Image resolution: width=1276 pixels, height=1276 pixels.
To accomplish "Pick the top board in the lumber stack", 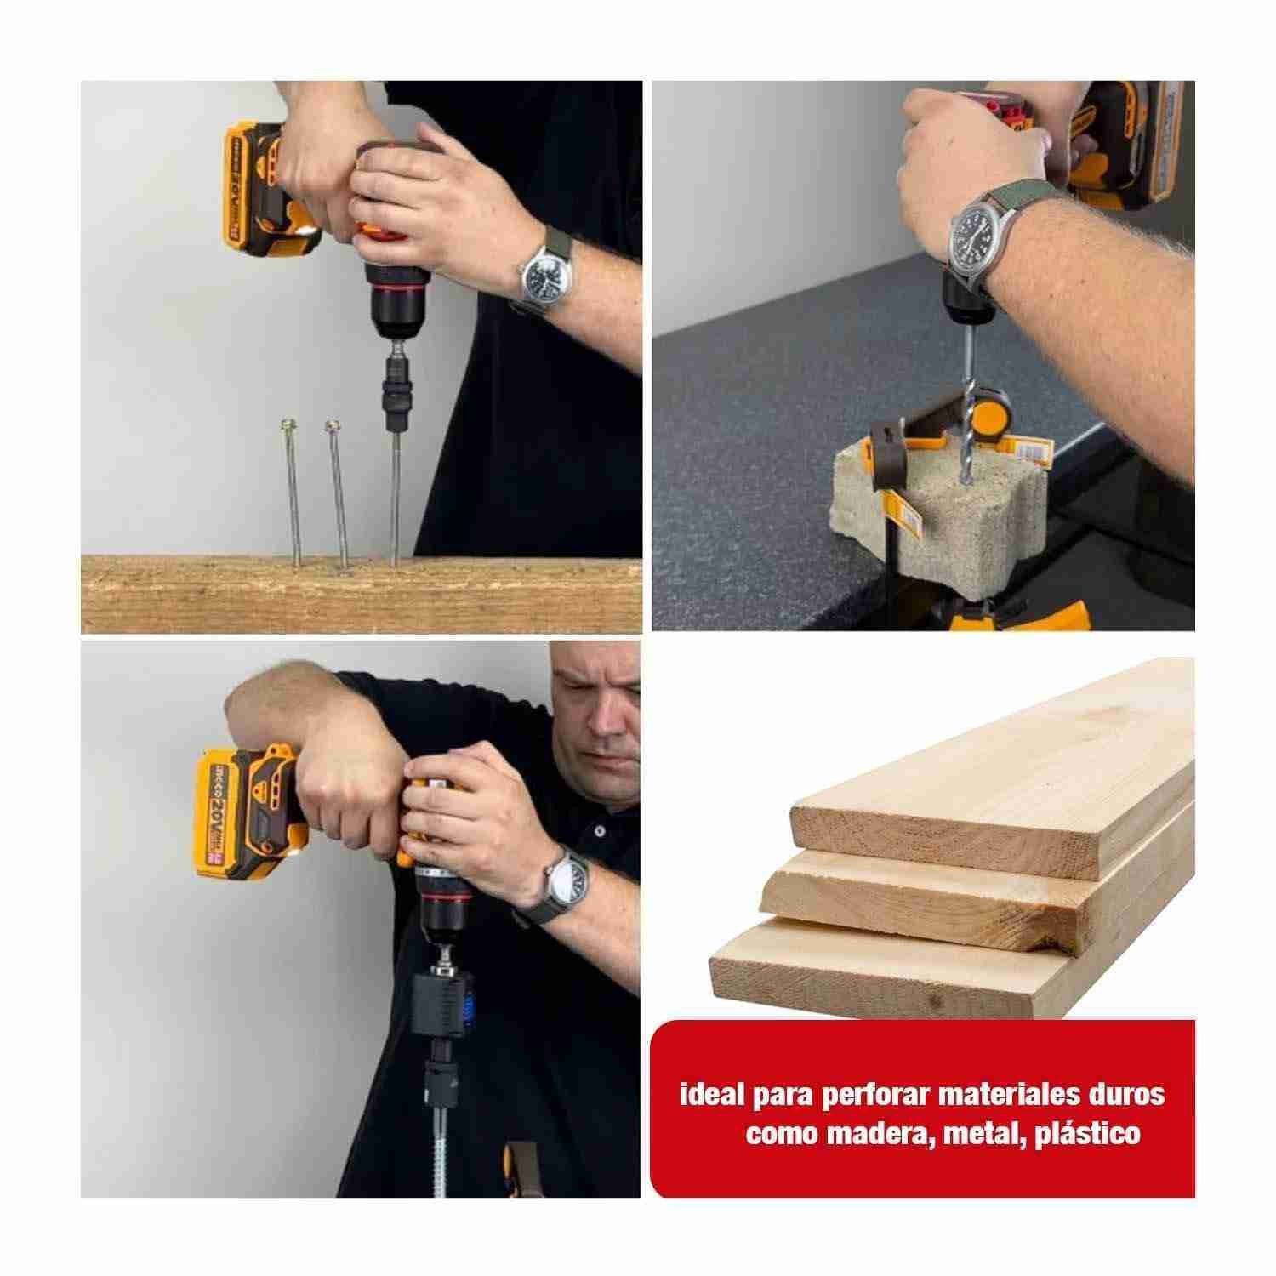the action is [992, 787].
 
